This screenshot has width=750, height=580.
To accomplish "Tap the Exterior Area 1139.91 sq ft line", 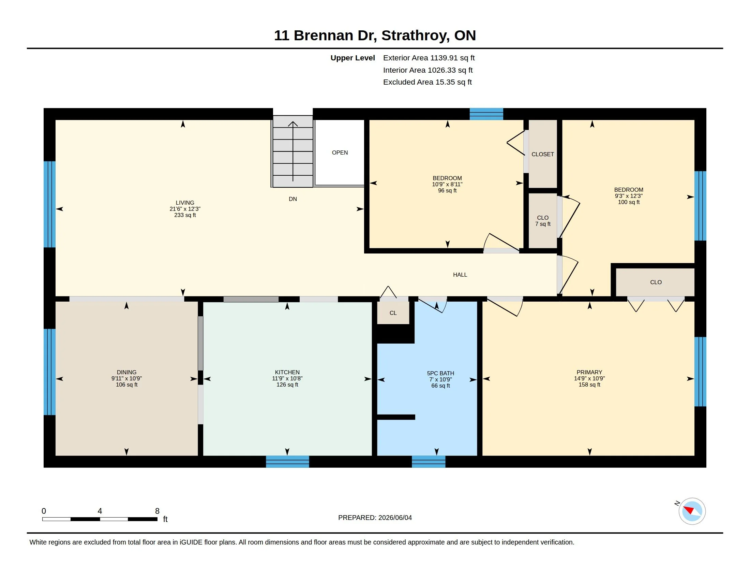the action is click(x=429, y=58).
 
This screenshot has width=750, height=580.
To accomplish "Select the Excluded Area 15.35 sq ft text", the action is click(x=427, y=82).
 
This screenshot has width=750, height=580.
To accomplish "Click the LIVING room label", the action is click(x=185, y=203).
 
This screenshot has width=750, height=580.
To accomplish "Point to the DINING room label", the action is click(x=126, y=372).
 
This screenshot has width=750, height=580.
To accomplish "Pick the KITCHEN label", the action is click(x=287, y=372).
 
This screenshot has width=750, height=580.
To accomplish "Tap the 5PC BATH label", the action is click(x=440, y=373).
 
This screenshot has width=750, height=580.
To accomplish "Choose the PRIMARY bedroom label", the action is click(x=589, y=372).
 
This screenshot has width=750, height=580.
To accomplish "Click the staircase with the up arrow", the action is click(x=292, y=151).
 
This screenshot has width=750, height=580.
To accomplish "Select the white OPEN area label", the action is click(x=340, y=153).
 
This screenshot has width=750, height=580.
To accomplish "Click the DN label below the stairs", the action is click(x=292, y=199).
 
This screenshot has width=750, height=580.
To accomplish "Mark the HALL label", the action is click(x=460, y=275).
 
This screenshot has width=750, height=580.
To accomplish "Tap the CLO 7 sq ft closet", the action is click(x=543, y=221).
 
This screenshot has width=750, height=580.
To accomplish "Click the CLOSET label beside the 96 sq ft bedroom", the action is click(x=543, y=154).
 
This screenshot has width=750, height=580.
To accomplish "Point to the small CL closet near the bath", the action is click(x=393, y=313).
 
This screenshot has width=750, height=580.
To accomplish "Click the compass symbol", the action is click(x=692, y=511).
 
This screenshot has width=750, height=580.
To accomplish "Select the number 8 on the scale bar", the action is click(x=157, y=511).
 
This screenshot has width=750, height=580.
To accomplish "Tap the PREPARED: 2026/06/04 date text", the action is click(x=375, y=518).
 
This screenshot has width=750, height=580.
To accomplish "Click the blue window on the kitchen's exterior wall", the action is click(x=287, y=462).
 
